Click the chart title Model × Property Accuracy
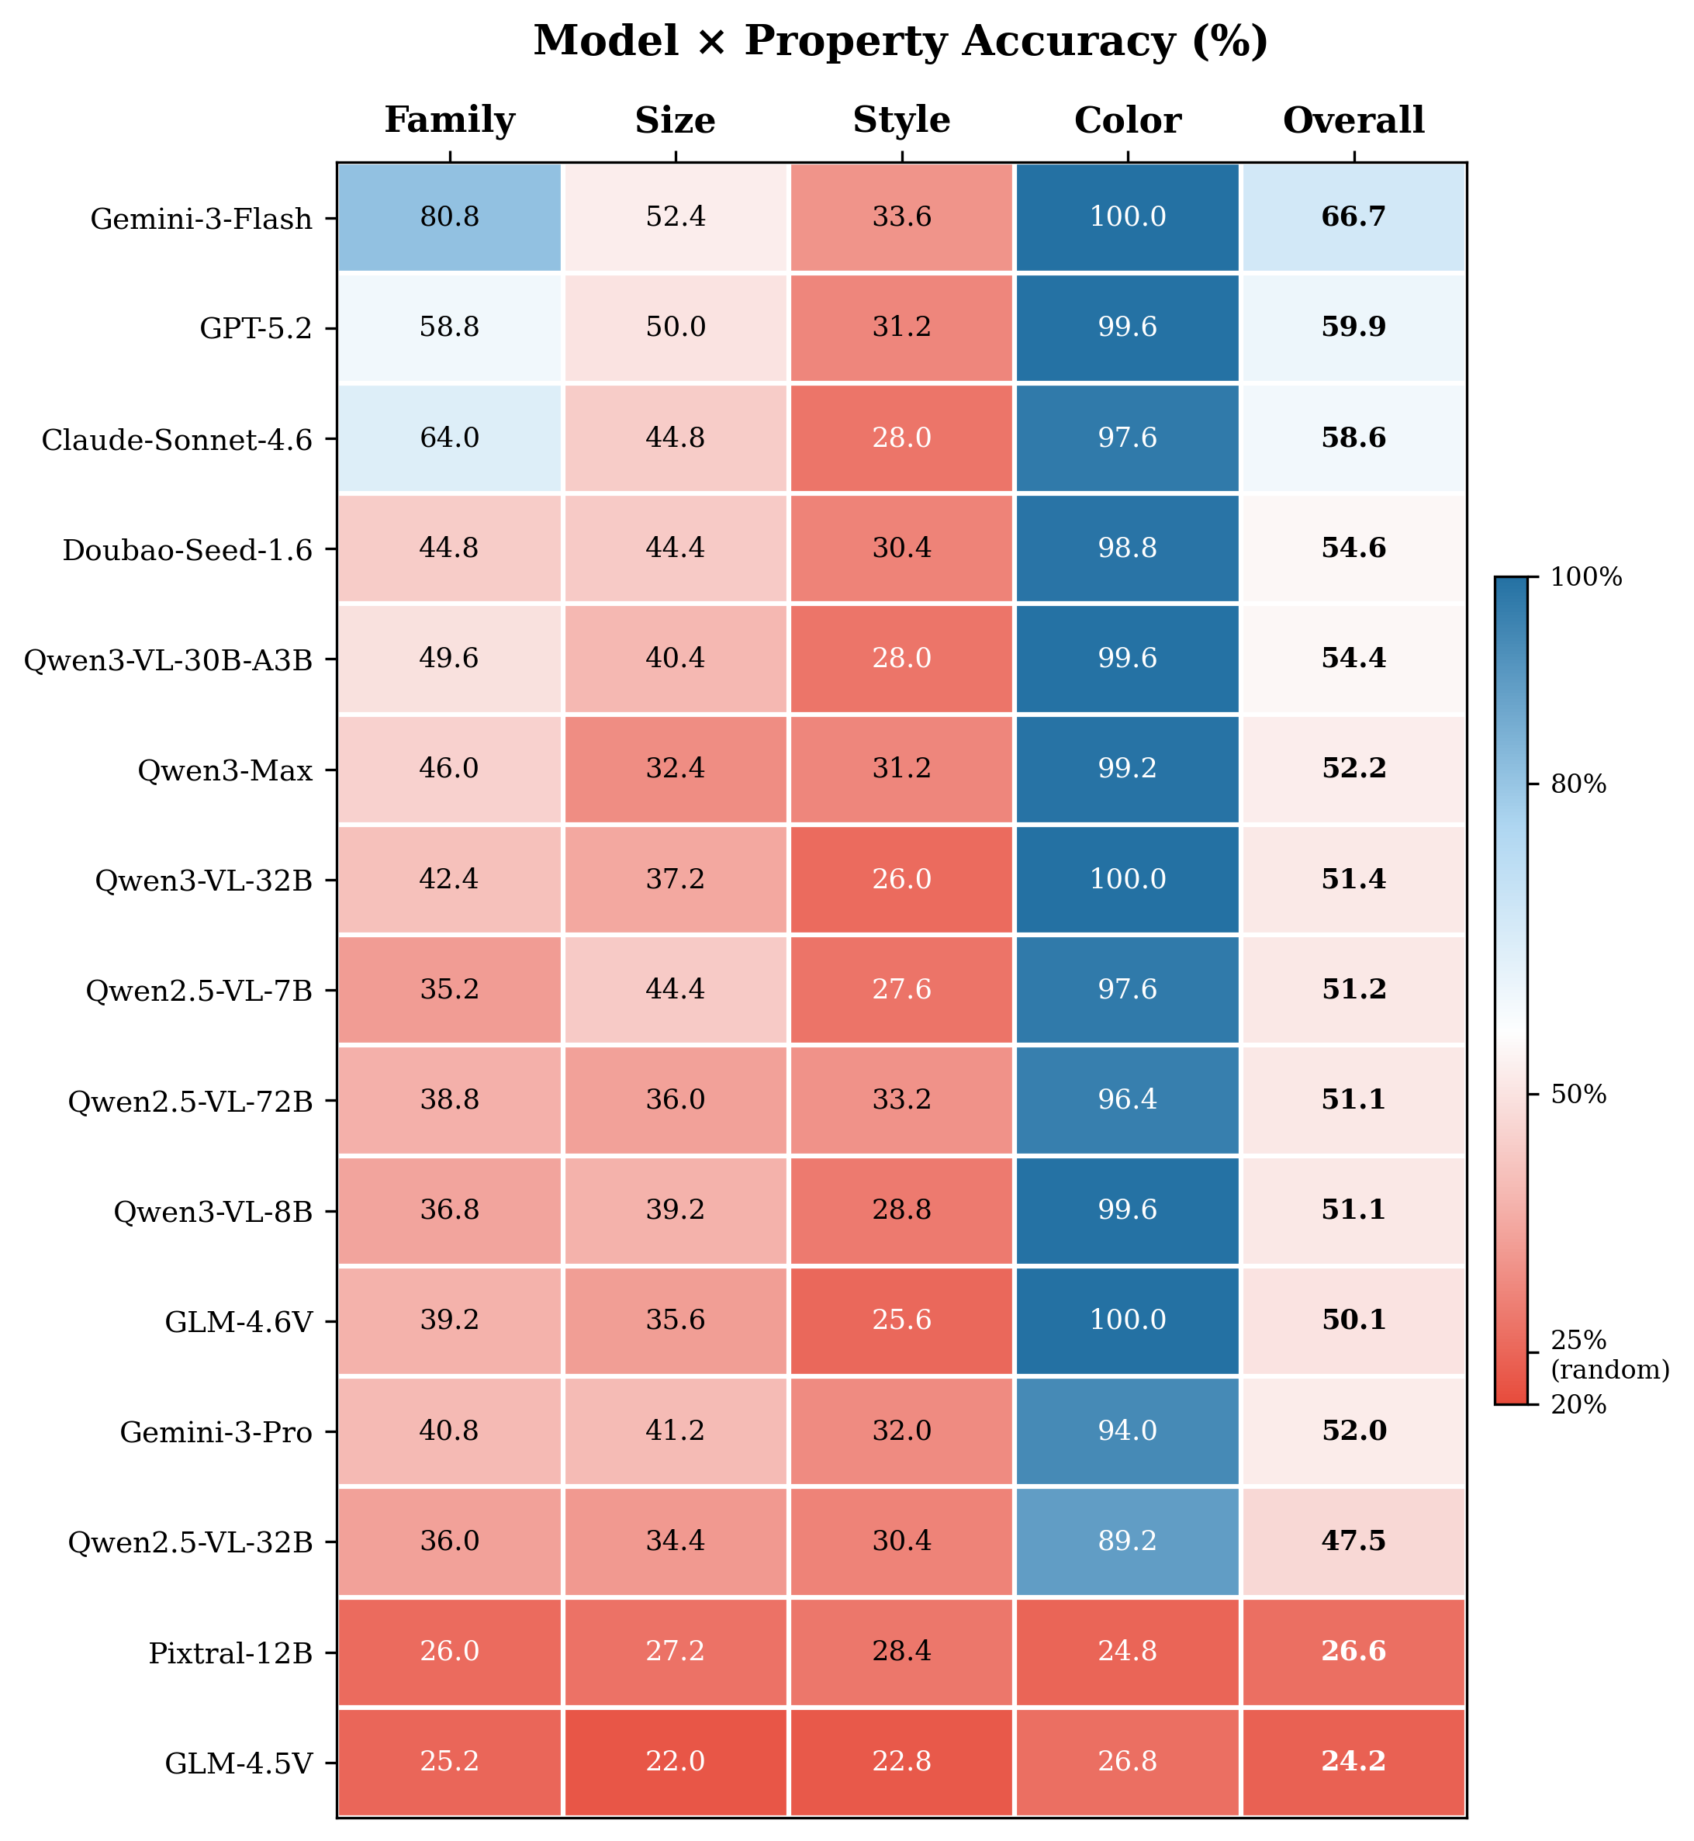click(x=901, y=42)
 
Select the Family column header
click(x=449, y=120)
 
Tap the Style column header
click(x=901, y=120)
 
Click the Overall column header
click(x=1353, y=120)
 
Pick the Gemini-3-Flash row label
click(x=202, y=219)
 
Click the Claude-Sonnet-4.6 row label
click(x=177, y=440)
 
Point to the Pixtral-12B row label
click(x=230, y=1653)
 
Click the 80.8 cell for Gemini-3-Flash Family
click(x=449, y=217)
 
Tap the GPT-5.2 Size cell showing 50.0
click(x=676, y=327)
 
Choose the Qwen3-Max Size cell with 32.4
click(x=676, y=768)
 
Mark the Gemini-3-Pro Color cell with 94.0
click(x=1128, y=1431)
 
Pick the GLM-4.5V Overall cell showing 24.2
click(x=1353, y=1761)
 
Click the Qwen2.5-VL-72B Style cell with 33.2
click(x=901, y=1099)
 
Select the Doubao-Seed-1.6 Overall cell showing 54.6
click(x=1353, y=548)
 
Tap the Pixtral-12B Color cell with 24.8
click(x=1128, y=1651)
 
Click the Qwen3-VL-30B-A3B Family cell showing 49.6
click(x=449, y=659)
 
